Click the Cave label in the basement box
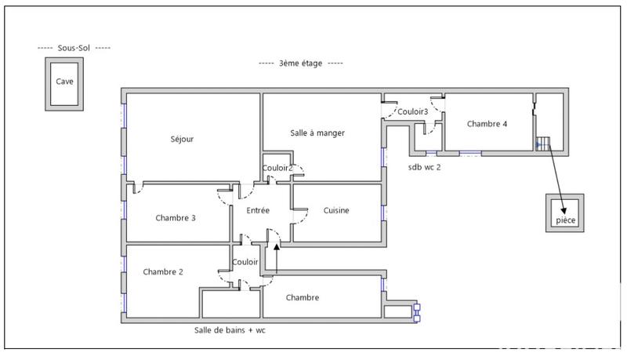[64, 81]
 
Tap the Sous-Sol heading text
[74, 48]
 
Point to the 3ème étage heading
[301, 63]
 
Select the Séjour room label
[182, 140]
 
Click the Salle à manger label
[317, 133]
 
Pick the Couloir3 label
[413, 112]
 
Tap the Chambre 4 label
[487, 124]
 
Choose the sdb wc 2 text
[424, 166]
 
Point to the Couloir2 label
[277, 168]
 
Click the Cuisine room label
[336, 210]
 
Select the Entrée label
[258, 210]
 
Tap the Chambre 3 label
[176, 218]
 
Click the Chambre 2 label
[163, 272]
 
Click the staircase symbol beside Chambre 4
[543, 143]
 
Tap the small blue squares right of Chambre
[417, 311]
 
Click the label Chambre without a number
[303, 297]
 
